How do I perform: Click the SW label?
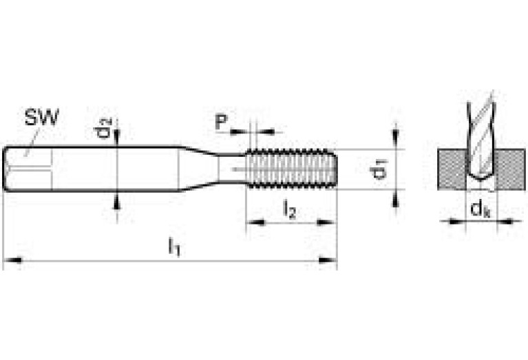point(42,117)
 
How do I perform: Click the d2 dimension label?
point(104,128)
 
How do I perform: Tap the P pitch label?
point(221,123)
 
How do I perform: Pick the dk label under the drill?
point(480,209)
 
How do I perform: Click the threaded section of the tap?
point(292,169)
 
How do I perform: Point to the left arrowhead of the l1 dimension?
point(10,260)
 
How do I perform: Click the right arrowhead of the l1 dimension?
point(331,260)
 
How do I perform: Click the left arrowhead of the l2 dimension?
point(253,222)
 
